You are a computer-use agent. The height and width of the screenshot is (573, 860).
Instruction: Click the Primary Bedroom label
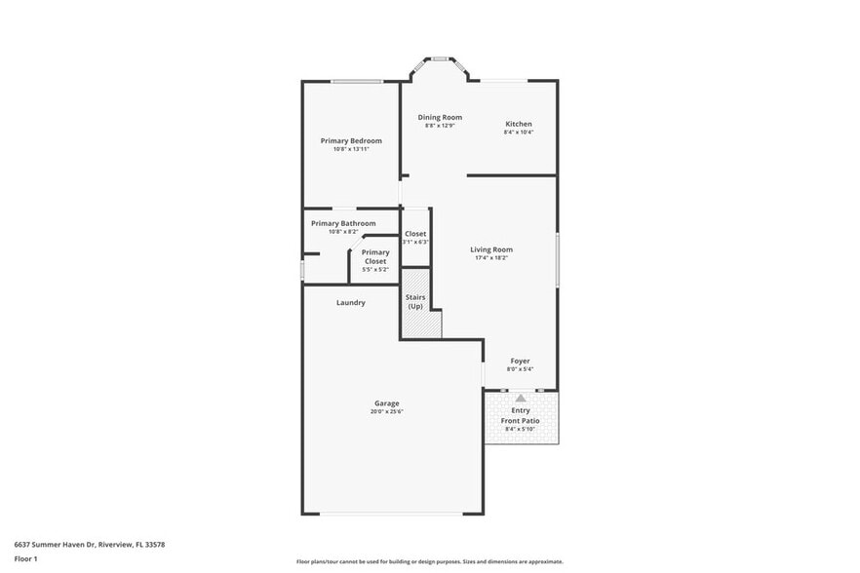[351, 140]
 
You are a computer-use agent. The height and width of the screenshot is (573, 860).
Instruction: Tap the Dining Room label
[440, 117]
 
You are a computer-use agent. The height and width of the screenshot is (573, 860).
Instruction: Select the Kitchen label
[518, 124]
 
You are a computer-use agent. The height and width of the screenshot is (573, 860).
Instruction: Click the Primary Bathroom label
[343, 223]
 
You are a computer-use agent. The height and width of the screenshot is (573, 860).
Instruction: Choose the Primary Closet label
[375, 256]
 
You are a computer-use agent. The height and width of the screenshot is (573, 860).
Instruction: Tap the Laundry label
[351, 302]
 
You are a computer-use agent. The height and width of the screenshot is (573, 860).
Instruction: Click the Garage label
[387, 403]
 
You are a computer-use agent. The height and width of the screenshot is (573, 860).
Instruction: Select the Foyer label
[520, 361]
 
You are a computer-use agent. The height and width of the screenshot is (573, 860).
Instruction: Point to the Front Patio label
[520, 421]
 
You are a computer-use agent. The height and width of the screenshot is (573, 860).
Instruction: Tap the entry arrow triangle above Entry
[521, 398]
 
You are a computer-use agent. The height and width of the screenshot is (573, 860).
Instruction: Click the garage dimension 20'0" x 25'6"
[387, 412]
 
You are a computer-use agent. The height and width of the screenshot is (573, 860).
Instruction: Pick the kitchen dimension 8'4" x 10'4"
[518, 133]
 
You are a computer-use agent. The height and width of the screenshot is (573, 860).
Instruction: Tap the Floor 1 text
[26, 558]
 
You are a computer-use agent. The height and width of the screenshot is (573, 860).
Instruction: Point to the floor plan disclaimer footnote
[429, 561]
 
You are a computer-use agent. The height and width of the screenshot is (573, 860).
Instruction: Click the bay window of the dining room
[440, 60]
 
